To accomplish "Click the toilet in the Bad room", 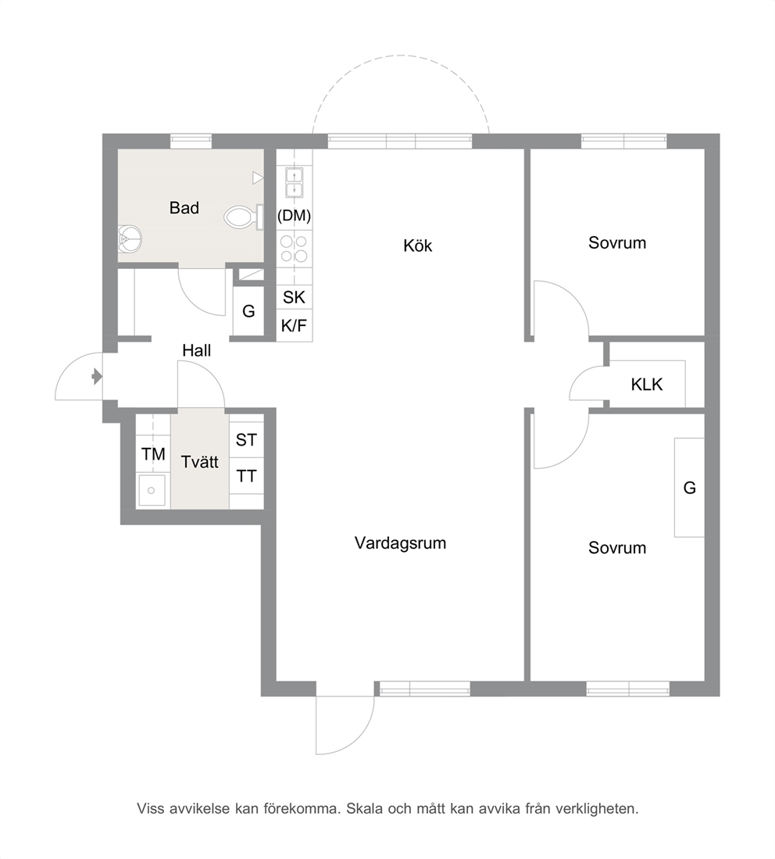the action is point(244,217).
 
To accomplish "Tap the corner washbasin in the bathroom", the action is point(130,239).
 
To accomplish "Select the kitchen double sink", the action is point(295,183).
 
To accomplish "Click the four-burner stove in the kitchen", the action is point(294,249).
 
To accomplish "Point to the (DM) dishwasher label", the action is point(294,215).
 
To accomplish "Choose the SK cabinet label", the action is point(294,298).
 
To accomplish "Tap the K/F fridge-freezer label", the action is point(294,326).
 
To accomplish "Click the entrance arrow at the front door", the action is point(97,377).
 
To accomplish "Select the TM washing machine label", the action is point(153,454).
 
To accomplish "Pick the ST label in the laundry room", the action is point(246,439).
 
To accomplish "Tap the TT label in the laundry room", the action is point(246,476).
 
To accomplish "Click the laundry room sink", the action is point(152,489).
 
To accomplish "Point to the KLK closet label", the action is point(647,385).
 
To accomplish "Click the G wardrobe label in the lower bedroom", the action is point(690,487).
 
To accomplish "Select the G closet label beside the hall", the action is point(248,311).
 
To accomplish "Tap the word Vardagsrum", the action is point(400,543).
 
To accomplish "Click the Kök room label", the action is point(418,245).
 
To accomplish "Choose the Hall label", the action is point(197,350).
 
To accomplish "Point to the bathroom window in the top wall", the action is point(191,141).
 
